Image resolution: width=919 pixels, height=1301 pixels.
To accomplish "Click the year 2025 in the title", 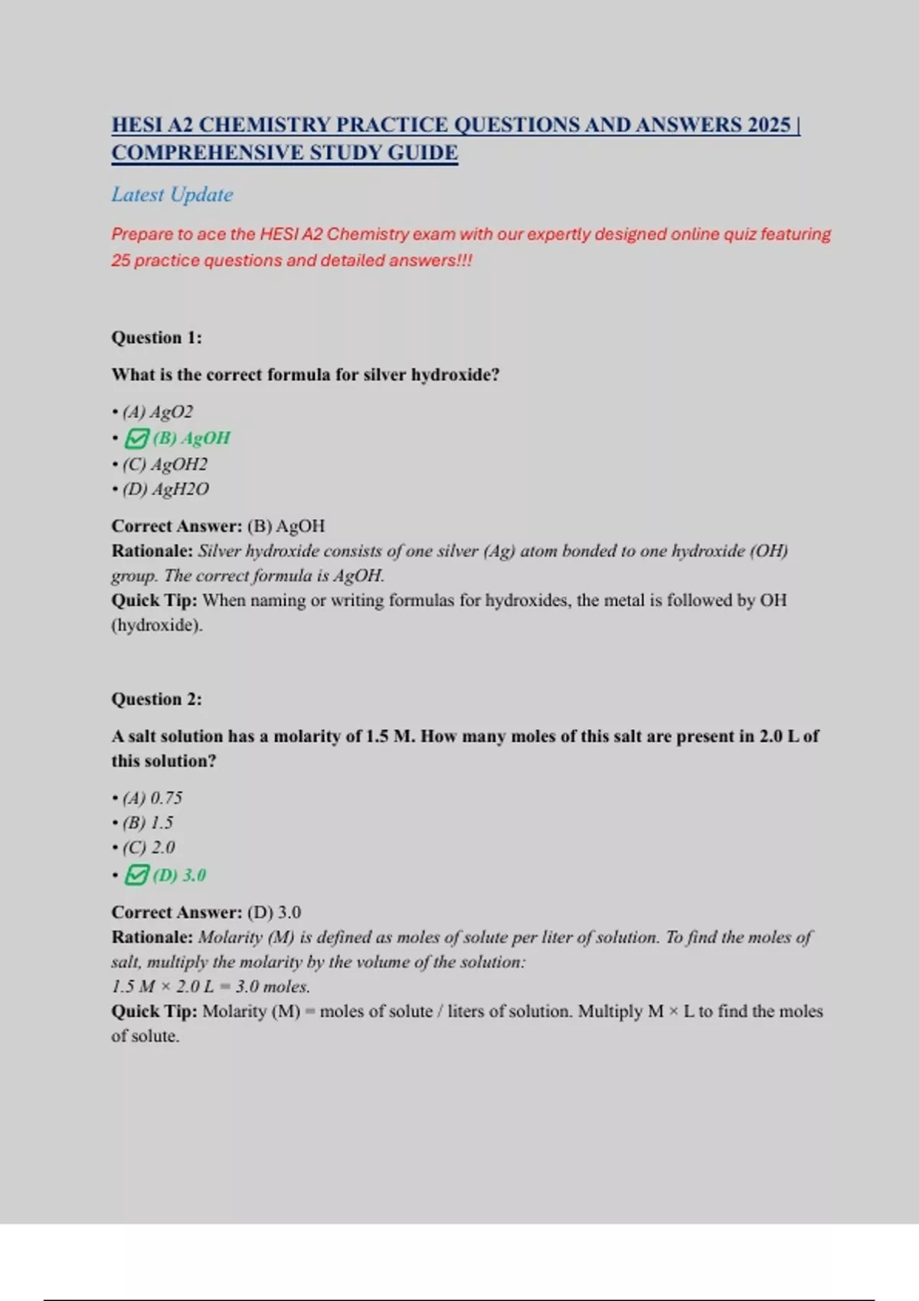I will pos(769,125).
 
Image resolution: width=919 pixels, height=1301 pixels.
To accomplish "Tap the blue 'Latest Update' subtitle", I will pos(172,194).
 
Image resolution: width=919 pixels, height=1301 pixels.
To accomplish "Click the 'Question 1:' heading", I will pos(157,337).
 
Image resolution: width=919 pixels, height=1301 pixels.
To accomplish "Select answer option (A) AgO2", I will pos(158,412).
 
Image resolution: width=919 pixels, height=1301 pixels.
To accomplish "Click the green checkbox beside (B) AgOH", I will pos(136,439).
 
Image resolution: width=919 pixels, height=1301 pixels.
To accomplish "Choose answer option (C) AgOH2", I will pos(165,464).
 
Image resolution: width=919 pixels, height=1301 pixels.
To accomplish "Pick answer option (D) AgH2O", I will pos(165,489).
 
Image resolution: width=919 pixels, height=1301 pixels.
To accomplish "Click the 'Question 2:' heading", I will pos(157,699).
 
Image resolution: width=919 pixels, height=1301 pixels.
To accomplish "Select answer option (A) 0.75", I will pos(152,797).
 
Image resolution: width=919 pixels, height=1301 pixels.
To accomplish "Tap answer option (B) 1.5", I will pos(148,823).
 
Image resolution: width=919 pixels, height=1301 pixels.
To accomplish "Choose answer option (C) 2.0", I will pos(149,847).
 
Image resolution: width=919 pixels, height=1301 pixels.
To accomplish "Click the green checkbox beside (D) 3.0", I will pos(136,875).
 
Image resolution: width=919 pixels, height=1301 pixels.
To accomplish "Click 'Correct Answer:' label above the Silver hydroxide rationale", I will pos(177,526).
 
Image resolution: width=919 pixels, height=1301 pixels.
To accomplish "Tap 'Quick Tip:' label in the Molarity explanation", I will pos(155,1011).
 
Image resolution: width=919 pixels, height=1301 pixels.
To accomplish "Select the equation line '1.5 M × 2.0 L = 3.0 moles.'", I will pos(211,986).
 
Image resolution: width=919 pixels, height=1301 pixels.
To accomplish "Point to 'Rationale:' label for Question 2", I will pos(152,937).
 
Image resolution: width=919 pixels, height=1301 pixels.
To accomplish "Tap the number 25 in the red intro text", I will pos(121,260).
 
